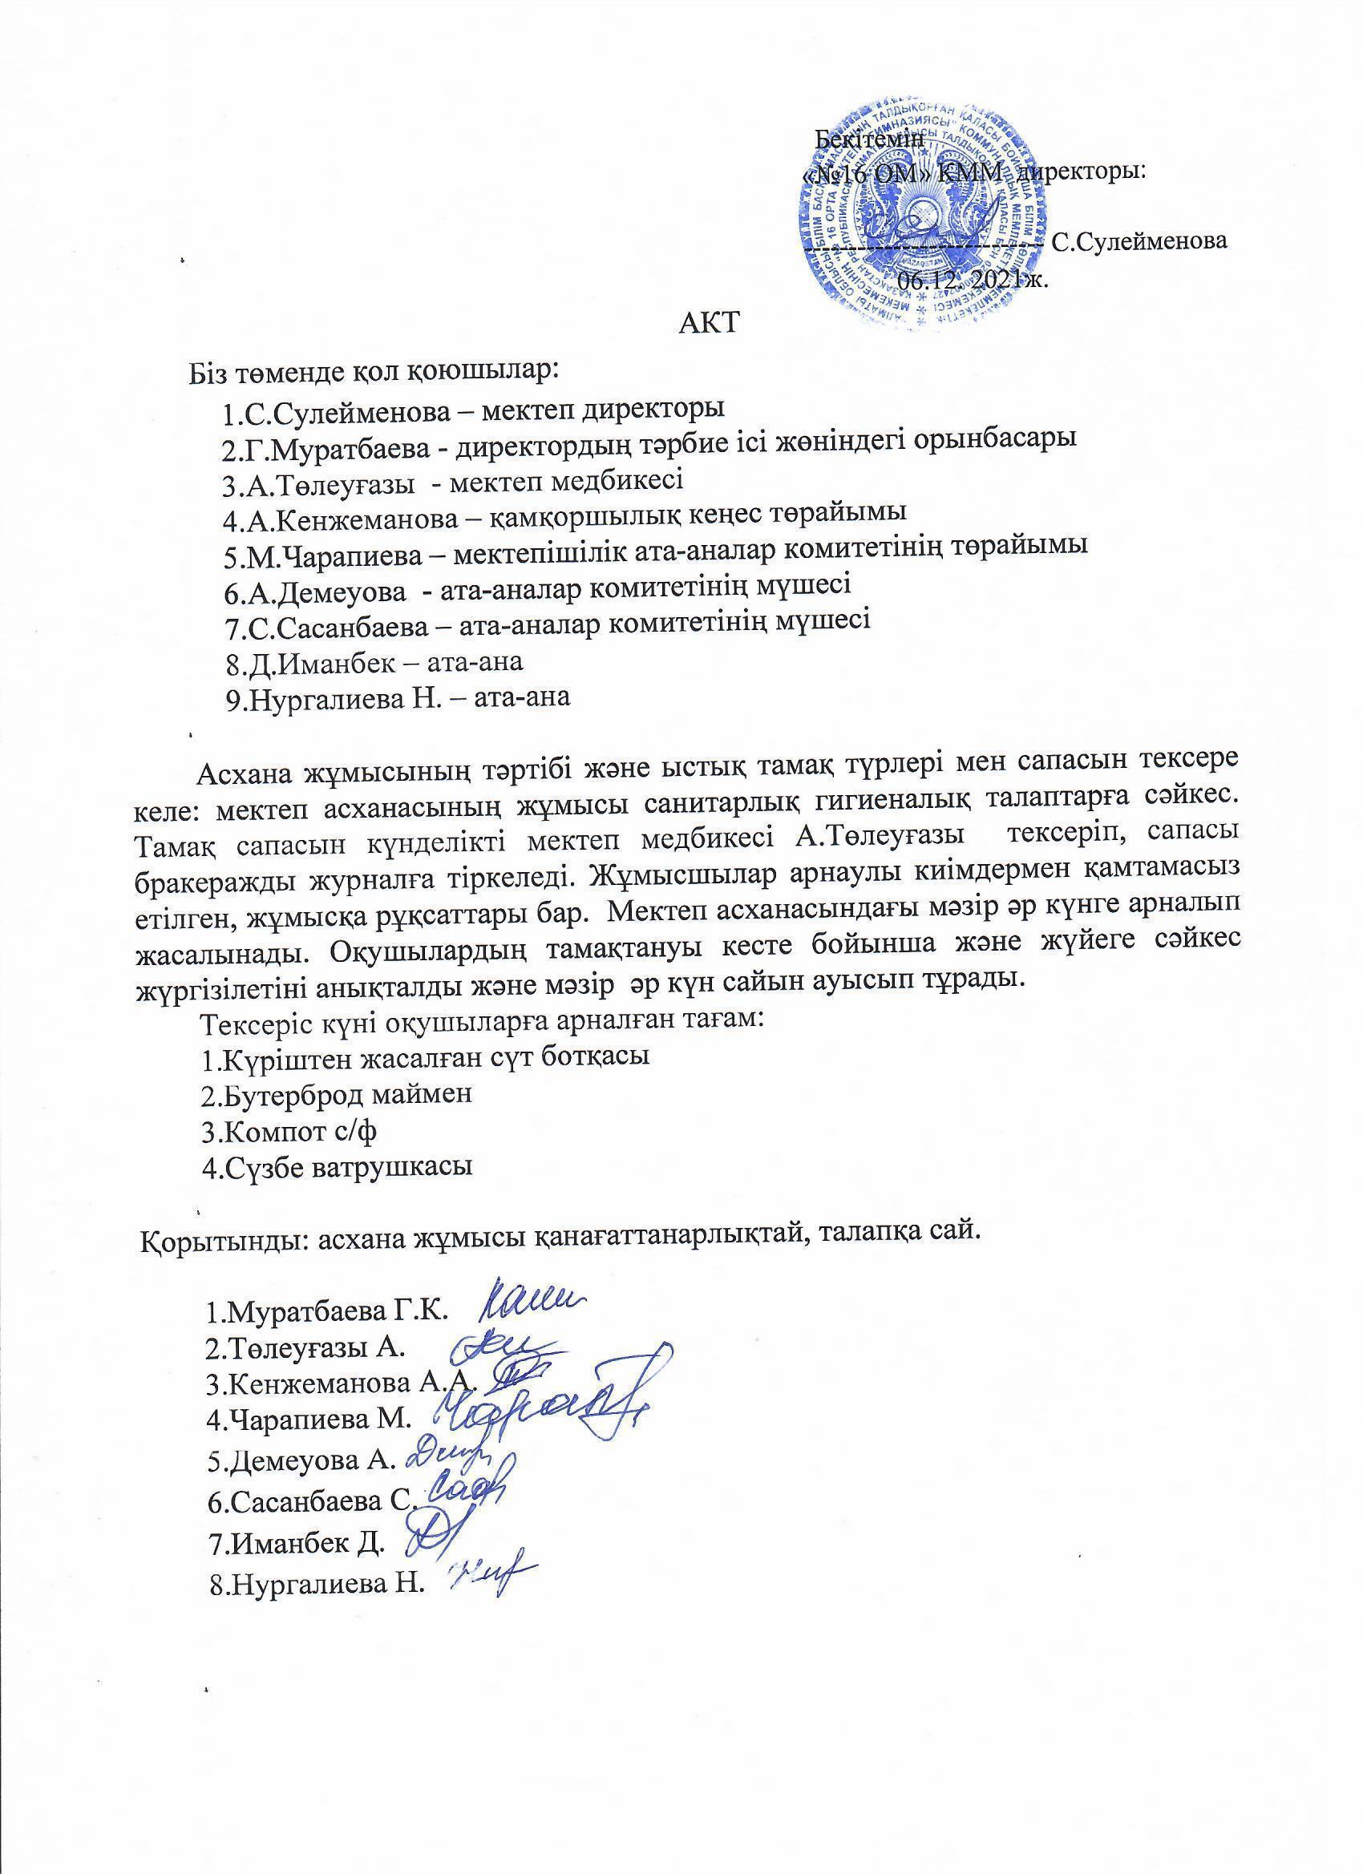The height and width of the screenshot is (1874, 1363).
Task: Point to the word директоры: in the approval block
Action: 1079,173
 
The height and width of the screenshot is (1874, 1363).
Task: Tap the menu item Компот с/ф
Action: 289,1131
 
